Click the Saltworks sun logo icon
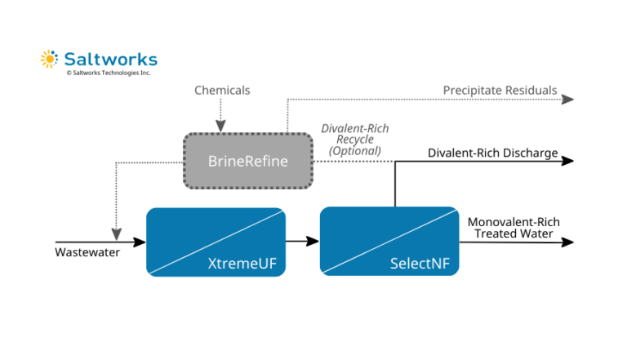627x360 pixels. tap(49, 59)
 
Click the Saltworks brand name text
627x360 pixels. tap(110, 60)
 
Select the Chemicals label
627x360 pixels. tap(222, 90)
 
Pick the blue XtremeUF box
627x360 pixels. tap(216, 242)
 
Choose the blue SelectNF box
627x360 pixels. tap(389, 242)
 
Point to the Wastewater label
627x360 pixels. tap(87, 252)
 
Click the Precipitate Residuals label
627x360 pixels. tap(500, 90)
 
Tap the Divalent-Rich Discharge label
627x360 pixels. tap(493, 153)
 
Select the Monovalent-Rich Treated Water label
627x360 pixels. tap(513, 228)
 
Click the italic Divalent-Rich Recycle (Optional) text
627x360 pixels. tap(354, 140)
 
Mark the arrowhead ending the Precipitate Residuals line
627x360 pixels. tap(569, 99)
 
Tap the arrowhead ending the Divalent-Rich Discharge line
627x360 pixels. tap(569, 161)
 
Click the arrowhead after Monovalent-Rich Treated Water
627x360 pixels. tap(569, 242)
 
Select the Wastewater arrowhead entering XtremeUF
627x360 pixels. tap(140, 242)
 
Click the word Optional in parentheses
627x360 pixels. tap(354, 151)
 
